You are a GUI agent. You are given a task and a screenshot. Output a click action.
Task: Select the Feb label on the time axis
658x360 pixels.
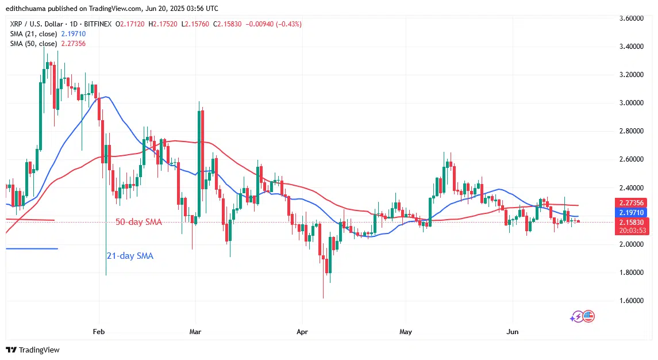(x=99, y=332)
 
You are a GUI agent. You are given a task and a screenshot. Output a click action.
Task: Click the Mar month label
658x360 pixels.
(x=195, y=332)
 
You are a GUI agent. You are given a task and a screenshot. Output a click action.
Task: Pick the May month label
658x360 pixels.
(x=406, y=332)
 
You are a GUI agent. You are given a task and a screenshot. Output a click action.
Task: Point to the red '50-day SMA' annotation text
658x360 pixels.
(x=139, y=222)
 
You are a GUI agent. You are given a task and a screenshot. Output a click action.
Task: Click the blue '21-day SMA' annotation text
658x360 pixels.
(x=130, y=256)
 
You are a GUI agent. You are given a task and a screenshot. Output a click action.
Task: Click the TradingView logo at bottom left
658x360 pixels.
(x=33, y=350)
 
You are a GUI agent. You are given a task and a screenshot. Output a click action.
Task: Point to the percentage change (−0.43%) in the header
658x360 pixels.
(x=286, y=24)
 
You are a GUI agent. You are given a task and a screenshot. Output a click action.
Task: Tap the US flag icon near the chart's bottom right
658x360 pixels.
(x=588, y=316)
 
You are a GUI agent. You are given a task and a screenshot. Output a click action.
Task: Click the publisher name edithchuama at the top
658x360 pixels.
(x=29, y=8)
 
